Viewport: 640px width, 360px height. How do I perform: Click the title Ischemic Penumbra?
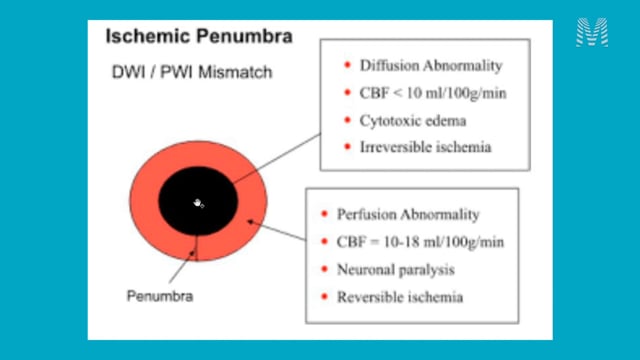pos(199,36)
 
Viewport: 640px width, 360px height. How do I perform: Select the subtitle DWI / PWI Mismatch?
pos(192,72)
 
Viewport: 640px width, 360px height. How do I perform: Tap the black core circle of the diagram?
pos(198,201)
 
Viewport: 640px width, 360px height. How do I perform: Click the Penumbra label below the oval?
pos(160,296)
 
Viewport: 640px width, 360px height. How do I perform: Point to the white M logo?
pos(592,32)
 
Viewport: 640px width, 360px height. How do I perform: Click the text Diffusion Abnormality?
pos(431,65)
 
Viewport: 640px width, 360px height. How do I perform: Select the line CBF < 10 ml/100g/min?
pos(433,93)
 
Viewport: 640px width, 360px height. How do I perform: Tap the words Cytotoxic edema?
pos(413,121)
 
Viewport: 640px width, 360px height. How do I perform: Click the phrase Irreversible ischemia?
pos(425,147)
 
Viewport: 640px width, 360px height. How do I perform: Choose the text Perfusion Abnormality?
pos(408,214)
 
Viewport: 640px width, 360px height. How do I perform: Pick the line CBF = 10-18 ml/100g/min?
pos(420,242)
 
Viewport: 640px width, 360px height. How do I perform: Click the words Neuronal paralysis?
pos(396,269)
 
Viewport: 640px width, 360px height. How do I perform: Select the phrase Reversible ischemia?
pos(400,297)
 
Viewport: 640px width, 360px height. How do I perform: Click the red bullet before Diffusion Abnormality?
pos(347,65)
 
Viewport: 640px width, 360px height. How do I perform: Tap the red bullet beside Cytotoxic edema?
pos(347,120)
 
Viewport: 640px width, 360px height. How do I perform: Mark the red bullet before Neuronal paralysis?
pos(324,269)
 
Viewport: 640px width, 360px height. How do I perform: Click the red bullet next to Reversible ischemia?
pos(324,296)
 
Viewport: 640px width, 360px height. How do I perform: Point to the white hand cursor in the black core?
pos(198,203)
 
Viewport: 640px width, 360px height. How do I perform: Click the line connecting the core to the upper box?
pos(278,157)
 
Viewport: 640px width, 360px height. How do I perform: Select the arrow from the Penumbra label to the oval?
pos(182,267)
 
